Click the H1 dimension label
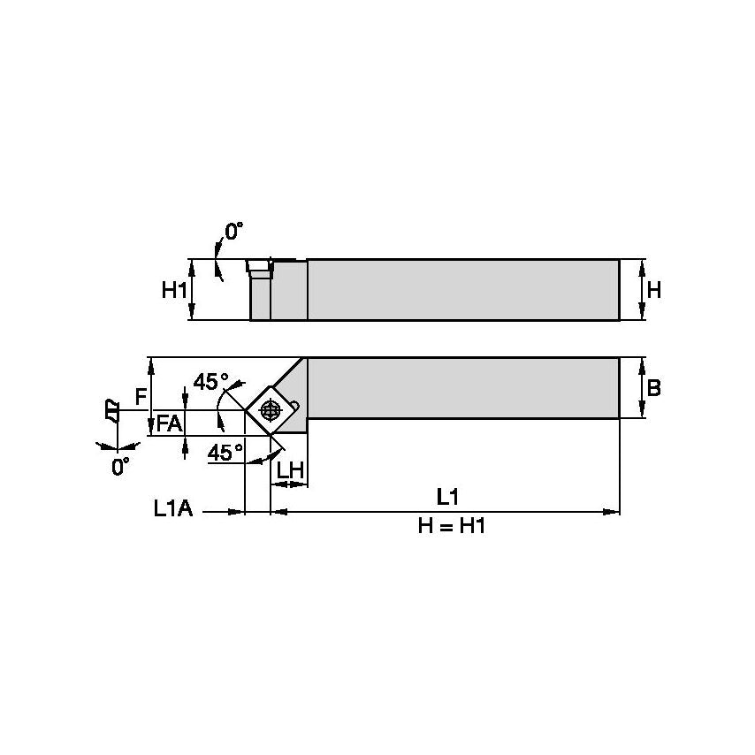tap(173, 289)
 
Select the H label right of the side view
tap(654, 289)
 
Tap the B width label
tap(654, 387)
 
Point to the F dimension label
tap(141, 397)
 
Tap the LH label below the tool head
tap(290, 470)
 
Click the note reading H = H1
tap(452, 526)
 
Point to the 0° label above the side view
tap(233, 232)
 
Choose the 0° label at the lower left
tap(120, 466)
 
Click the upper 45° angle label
tap(210, 382)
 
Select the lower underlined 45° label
tap(225, 452)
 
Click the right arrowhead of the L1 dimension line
tap(612, 511)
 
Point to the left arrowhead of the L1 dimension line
tap(278, 511)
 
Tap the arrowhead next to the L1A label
tap(236, 511)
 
